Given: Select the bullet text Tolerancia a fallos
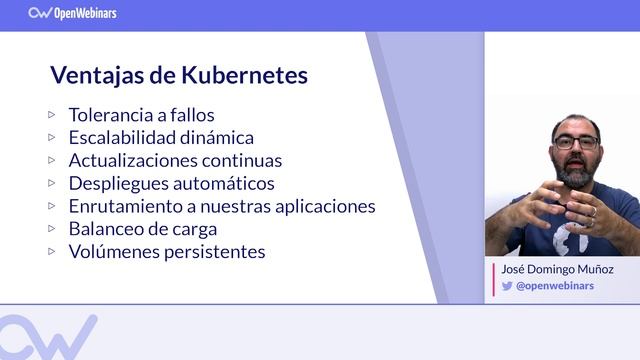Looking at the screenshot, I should (141, 115).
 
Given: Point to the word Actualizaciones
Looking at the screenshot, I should (133, 160).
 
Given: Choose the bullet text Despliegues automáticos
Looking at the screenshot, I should (171, 183).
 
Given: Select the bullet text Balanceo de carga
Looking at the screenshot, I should (143, 229).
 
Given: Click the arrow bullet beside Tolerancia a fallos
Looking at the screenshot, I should (52, 114).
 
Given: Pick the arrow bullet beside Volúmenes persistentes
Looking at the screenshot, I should (52, 251).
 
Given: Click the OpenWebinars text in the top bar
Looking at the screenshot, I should (89, 13).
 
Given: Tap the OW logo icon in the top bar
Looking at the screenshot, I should (40, 13).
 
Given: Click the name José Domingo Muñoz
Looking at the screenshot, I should (557, 270).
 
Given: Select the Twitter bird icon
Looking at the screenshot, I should (507, 285).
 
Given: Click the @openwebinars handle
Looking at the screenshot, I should (555, 285).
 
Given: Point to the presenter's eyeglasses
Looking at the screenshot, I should (577, 142).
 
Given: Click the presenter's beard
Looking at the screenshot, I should (576, 172).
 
